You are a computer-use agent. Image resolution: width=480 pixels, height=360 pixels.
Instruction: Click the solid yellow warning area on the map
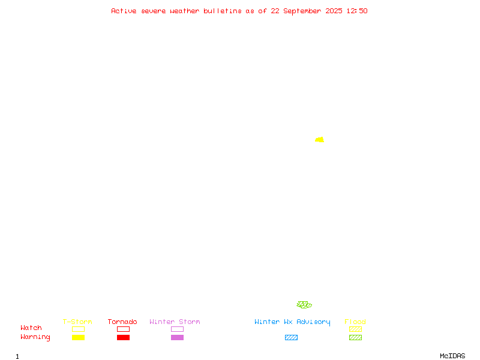tap(320, 140)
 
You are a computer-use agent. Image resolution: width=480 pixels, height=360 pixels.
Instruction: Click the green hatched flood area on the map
tap(304, 305)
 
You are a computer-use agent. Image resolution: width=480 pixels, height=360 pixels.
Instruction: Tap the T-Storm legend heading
tap(77, 322)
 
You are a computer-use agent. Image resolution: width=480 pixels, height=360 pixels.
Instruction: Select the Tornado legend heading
tap(122, 322)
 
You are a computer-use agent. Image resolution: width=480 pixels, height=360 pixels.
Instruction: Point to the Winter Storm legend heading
tap(175, 322)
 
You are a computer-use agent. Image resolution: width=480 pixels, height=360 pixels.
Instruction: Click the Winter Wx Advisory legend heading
tap(292, 322)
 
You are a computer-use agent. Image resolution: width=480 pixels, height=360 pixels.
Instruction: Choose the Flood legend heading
tap(355, 322)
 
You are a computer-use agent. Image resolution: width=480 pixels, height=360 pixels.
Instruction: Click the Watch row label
tap(31, 328)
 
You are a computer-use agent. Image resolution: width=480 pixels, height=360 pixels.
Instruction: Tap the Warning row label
tap(35, 337)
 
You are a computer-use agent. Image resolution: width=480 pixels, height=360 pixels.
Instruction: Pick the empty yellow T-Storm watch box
tap(79, 329)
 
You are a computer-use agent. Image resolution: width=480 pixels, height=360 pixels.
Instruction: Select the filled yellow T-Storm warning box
tap(79, 337)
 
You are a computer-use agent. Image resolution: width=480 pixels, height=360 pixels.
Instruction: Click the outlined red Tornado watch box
tap(124, 329)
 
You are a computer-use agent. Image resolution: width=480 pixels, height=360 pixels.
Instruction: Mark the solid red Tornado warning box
tap(124, 337)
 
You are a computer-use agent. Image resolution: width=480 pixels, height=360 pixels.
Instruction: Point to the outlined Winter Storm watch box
tap(177, 329)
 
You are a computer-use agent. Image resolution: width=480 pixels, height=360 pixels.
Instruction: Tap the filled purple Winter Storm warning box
tap(177, 337)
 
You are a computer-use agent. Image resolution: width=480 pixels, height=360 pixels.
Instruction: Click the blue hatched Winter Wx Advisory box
tap(291, 337)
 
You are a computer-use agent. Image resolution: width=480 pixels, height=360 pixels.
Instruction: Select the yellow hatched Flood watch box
tap(355, 329)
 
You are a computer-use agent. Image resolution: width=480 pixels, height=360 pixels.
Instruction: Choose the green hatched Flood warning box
tap(355, 337)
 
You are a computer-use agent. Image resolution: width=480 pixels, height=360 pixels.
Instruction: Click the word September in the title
tap(302, 11)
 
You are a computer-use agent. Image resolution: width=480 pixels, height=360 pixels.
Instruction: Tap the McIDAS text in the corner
tap(452, 356)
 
